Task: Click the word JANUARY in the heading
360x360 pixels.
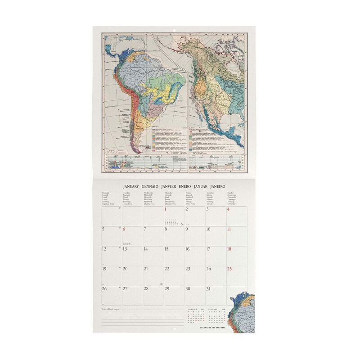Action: click(x=134, y=186)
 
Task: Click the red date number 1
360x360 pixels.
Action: click(x=166, y=209)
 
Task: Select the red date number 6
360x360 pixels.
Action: click(x=124, y=229)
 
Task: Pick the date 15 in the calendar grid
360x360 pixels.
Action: click(x=166, y=249)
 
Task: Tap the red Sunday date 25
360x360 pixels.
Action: click(x=229, y=269)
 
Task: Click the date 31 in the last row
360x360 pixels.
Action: click(x=208, y=289)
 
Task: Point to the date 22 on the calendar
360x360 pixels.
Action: click(x=166, y=269)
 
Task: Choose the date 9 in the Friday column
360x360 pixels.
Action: click(x=187, y=229)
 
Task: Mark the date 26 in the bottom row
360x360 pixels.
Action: click(x=104, y=289)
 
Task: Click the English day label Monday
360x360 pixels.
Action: click(x=106, y=192)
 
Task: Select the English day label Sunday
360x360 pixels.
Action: click(x=231, y=192)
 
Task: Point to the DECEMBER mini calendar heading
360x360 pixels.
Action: click(x=192, y=309)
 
